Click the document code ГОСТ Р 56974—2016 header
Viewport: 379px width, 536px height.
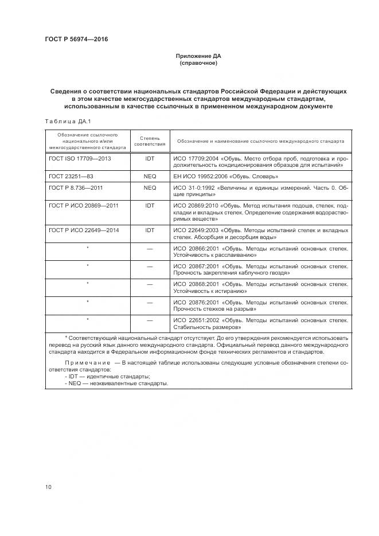[76, 39]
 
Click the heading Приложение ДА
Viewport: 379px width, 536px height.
[198, 56]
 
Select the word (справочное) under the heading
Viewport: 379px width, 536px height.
[198, 63]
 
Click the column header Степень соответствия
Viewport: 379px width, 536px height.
[150, 140]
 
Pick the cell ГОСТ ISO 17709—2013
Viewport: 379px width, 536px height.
[80, 158]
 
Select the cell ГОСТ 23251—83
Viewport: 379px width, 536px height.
[71, 176]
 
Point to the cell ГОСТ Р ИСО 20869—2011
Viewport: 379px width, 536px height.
[84, 205]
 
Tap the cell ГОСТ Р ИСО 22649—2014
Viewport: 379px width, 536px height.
[84, 230]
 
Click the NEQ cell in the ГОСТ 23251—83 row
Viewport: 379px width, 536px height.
[150, 176]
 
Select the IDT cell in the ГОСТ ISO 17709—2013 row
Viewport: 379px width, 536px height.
[150, 158]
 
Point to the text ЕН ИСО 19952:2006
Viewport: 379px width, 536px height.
[201, 176]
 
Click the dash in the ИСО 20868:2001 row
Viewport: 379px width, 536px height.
[150, 284]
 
